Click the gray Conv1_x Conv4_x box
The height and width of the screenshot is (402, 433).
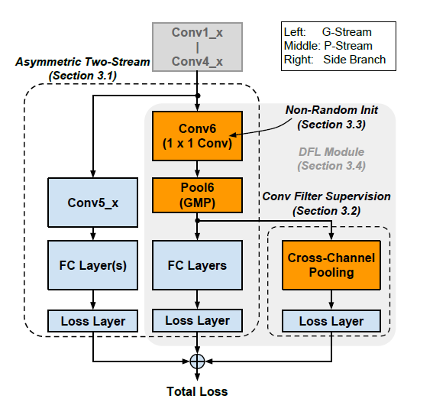[198, 46]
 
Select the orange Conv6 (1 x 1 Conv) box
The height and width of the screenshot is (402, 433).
[198, 135]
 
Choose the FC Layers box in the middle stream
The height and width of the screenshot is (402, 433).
[198, 265]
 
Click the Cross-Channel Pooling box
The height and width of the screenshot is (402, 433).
[331, 265]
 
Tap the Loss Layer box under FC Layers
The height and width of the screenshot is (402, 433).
[198, 321]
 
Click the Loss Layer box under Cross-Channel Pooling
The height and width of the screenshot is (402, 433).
[331, 321]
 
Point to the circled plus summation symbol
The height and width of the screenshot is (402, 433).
[198, 360]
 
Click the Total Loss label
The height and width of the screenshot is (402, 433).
[198, 391]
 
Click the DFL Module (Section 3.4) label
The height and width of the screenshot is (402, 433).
[331, 159]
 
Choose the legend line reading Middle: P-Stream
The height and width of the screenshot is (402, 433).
[334, 46]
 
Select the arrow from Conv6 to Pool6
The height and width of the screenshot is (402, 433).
[198, 167]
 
